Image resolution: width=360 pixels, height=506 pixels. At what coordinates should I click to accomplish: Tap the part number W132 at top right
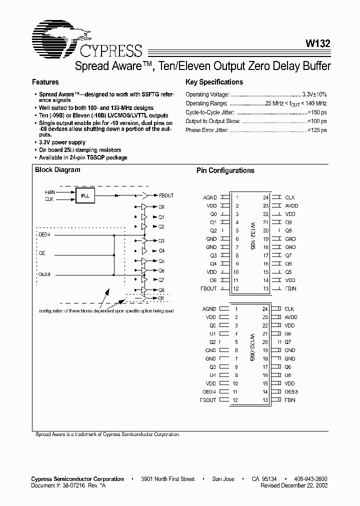click(316, 43)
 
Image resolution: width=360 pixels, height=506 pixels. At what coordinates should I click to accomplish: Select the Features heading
click(45, 82)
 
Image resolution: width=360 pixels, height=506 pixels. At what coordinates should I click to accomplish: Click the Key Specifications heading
click(214, 82)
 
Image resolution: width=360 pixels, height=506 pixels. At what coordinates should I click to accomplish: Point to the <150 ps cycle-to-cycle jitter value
click(317, 112)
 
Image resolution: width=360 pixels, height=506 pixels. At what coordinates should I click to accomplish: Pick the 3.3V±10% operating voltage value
click(314, 94)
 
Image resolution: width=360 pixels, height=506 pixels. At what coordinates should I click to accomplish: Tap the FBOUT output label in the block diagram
click(166, 195)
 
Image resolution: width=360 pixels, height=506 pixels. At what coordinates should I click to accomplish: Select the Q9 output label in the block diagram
click(161, 298)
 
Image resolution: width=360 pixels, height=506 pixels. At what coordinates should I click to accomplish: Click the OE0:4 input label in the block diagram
click(45, 234)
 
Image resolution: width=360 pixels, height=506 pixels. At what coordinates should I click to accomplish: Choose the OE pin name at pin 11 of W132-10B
click(213, 280)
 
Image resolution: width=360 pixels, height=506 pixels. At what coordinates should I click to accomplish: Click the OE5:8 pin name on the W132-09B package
click(291, 391)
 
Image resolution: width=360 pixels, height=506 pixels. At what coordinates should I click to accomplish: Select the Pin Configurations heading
click(225, 170)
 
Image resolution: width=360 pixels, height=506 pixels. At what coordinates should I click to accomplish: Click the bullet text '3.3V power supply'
click(62, 142)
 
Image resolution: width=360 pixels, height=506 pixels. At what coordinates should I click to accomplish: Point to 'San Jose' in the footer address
click(223, 479)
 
